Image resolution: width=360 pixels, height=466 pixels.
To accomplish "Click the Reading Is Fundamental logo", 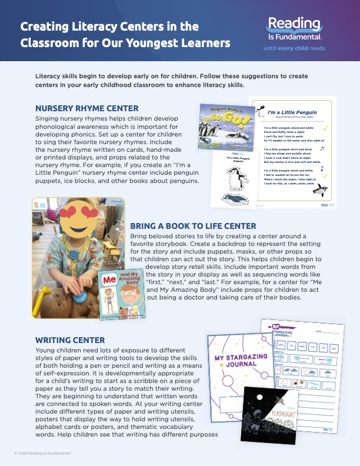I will coord(294,29).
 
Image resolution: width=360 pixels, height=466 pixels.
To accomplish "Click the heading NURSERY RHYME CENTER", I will coord(87,108).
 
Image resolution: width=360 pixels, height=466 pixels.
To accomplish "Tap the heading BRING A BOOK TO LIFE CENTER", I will coord(193,226).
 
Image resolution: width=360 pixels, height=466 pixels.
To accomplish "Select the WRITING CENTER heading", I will coord(70,340).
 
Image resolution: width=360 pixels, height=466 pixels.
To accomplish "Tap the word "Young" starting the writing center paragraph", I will coord(48,351).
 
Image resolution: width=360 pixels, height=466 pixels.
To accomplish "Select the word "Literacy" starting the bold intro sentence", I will coord(52,77).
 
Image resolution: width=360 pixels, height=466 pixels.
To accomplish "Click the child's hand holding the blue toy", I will coord(75,283).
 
